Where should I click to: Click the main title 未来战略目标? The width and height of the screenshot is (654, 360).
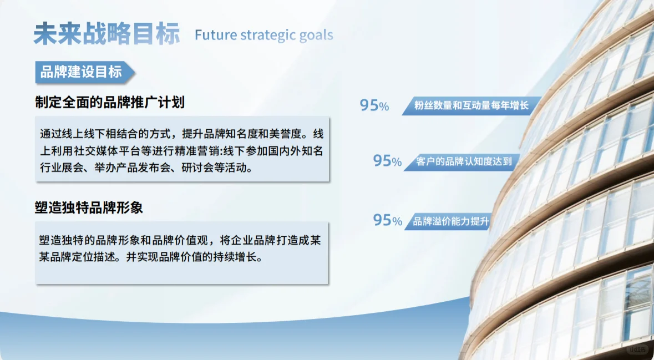pos(107,34)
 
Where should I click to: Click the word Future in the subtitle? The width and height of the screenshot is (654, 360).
pos(215,35)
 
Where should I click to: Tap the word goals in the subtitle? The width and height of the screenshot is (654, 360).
pos(316,36)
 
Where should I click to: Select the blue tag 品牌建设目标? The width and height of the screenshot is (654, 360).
pos(82,72)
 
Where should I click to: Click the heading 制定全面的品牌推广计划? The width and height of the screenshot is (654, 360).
pos(109,102)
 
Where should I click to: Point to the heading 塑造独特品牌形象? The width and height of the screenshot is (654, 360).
pos(89,208)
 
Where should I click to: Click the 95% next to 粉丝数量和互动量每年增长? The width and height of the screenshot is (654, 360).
pos(374,105)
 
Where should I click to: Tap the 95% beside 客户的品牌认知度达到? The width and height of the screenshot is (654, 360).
pos(387,161)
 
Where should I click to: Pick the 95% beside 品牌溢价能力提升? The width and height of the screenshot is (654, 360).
pos(387,220)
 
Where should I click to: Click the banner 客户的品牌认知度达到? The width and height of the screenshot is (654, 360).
pos(464,162)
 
